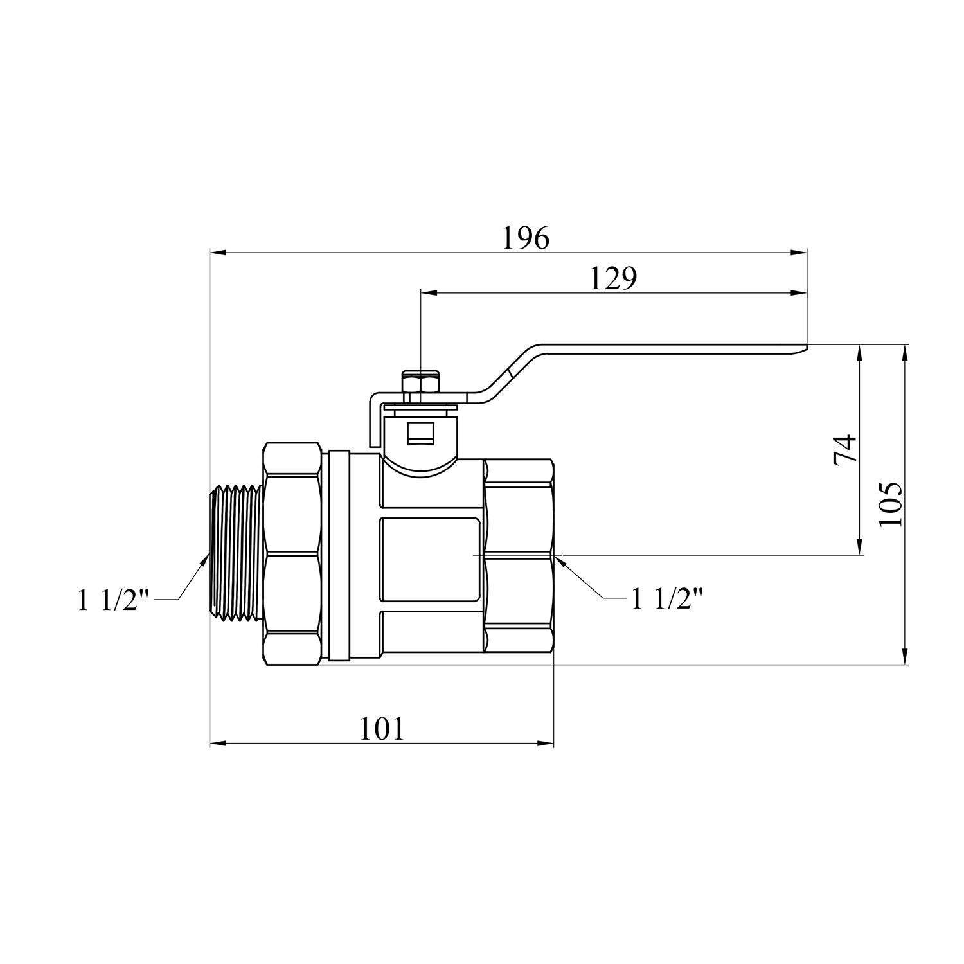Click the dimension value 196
pos(526,238)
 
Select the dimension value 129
pos(612,279)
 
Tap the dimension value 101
pos(382,729)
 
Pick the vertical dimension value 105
pos(891,504)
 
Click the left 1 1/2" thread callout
pos(113,601)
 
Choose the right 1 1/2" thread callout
pos(667,600)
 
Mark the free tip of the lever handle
pos(806,348)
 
